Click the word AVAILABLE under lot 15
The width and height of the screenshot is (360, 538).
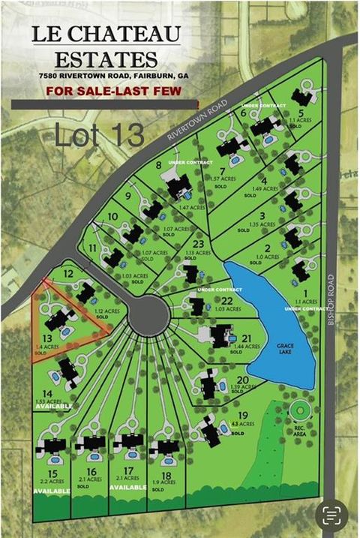click(51, 491)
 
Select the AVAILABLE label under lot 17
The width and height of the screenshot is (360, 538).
click(127, 487)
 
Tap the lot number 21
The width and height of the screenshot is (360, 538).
click(246, 338)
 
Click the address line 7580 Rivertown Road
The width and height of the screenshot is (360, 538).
click(115, 76)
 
